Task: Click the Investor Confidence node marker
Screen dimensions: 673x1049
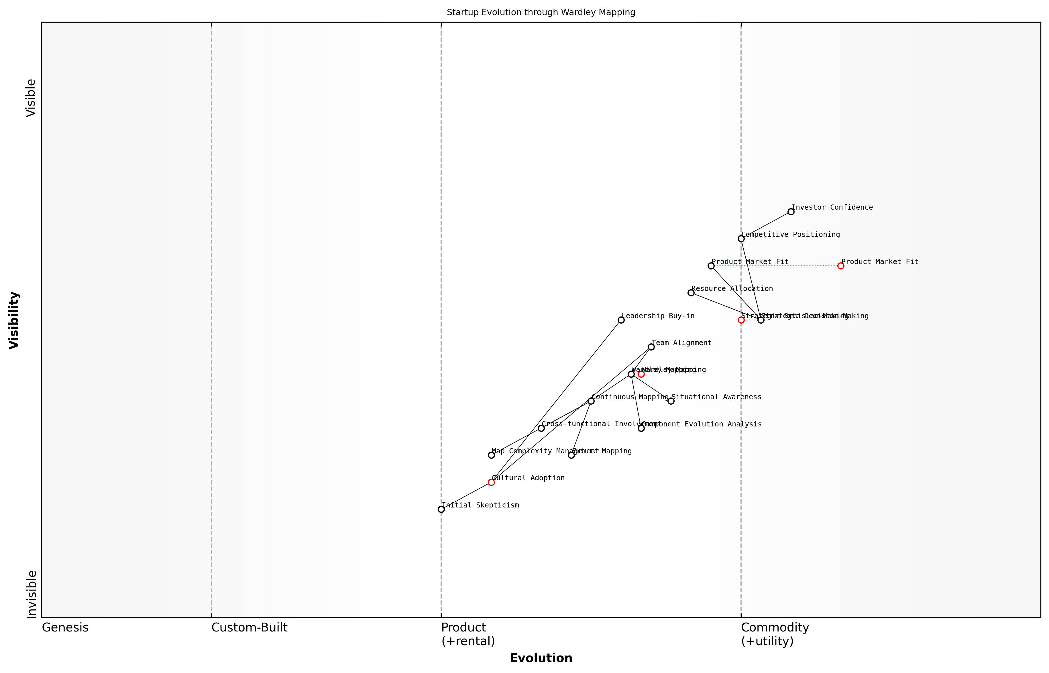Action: [x=791, y=212]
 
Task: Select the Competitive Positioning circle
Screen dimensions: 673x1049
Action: [x=741, y=239]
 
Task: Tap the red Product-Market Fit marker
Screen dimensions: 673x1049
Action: [x=840, y=266]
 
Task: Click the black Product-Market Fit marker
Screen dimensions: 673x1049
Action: [x=711, y=266]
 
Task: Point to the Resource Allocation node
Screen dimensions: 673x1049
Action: [x=691, y=293]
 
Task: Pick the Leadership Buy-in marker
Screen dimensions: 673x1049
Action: [x=621, y=320]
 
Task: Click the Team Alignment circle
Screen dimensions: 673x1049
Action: [x=651, y=347]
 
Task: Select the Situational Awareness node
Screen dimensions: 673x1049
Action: [x=671, y=401]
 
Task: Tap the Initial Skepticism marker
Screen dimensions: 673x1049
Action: [x=441, y=509]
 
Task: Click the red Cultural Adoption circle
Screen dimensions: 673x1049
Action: [x=491, y=482]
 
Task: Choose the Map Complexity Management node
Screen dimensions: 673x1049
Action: [x=491, y=455]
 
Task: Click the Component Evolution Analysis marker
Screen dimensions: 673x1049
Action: [x=641, y=428]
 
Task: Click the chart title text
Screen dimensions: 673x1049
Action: [x=541, y=12]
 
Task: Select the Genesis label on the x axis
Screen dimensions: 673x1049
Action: [x=65, y=627]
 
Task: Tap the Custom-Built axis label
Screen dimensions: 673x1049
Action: [x=249, y=627]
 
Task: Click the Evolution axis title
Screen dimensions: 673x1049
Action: [x=541, y=658]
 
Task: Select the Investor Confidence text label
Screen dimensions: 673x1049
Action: [x=832, y=207]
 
